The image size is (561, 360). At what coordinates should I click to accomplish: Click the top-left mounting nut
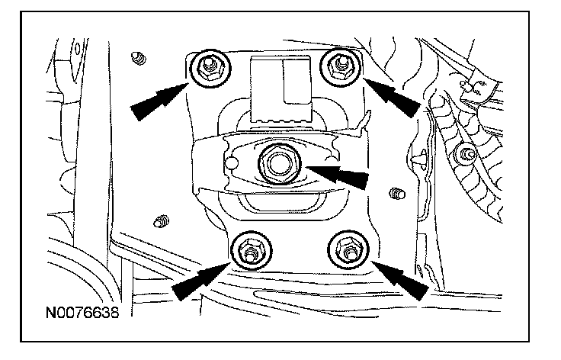click(210, 68)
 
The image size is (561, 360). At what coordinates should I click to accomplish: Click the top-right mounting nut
click(340, 67)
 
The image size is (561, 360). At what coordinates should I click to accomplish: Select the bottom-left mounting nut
click(252, 250)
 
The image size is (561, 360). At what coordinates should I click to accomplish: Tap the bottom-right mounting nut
click(348, 249)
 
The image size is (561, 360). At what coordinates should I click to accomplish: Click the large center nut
click(280, 164)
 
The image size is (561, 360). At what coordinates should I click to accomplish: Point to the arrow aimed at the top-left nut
click(159, 101)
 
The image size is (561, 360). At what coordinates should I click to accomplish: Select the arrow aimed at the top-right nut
click(393, 96)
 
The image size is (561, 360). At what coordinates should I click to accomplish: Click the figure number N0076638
click(82, 313)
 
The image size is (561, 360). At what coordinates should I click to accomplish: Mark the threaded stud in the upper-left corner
click(139, 58)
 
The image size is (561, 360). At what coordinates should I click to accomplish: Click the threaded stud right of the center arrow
click(397, 194)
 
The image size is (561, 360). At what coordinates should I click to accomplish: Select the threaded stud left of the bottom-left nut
click(162, 221)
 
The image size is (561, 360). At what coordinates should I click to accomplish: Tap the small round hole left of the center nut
click(232, 162)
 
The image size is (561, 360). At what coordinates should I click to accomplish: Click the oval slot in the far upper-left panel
click(77, 49)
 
